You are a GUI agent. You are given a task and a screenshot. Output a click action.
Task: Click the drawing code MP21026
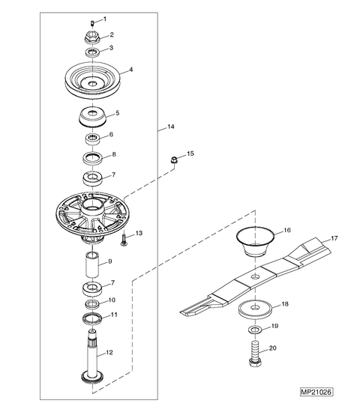316,392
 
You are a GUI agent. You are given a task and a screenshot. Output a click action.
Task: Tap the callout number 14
171,127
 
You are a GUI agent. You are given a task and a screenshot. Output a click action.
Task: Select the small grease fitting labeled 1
92,23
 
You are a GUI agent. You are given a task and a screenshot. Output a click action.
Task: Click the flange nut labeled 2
92,37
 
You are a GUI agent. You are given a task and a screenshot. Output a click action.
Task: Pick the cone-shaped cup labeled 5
92,118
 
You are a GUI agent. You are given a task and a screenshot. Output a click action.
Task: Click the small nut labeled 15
175,160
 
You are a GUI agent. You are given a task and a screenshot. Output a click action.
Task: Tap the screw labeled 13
124,239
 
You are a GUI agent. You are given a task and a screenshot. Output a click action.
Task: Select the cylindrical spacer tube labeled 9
92,264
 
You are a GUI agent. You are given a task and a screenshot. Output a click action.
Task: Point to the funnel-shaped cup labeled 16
255,241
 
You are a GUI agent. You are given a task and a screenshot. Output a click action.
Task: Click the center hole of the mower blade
255,276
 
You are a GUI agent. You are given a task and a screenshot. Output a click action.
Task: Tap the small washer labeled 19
255,330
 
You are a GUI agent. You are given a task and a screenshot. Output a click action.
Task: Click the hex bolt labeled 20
255,354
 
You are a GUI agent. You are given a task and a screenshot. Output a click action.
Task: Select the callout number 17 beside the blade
334,238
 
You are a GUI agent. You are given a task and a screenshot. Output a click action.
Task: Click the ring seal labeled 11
92,318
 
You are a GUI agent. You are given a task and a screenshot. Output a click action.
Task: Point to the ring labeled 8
92,158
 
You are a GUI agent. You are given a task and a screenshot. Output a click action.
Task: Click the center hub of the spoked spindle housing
92,206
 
